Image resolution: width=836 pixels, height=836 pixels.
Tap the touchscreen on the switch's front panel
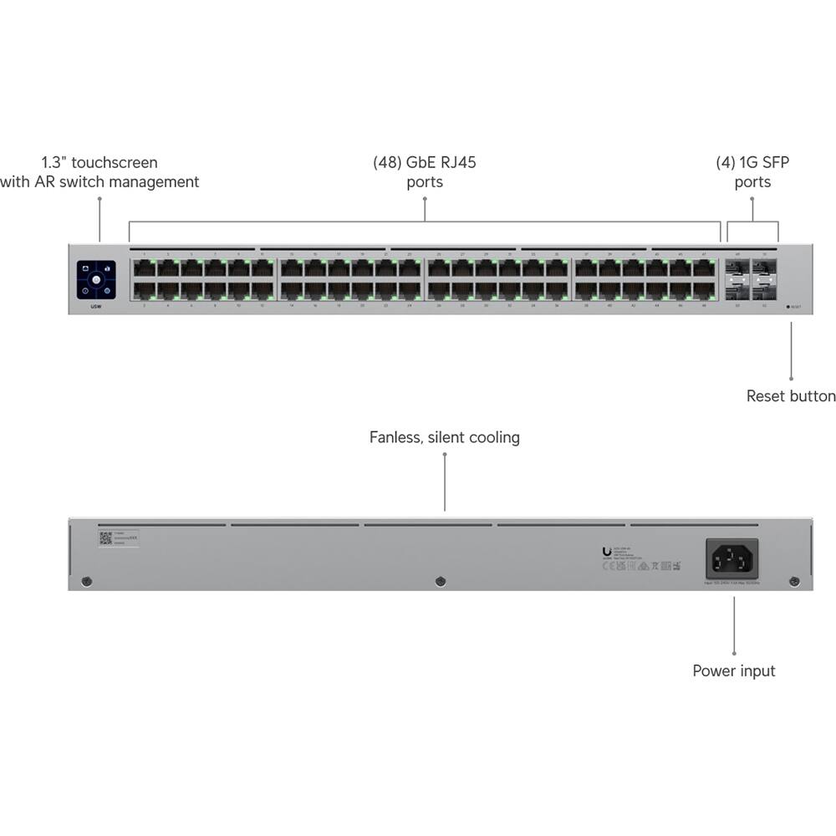pos(96,279)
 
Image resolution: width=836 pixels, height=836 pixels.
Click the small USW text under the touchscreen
pos(96,307)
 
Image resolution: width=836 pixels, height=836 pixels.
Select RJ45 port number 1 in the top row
pos(145,268)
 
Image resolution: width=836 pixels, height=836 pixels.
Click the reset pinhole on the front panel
pos(788,307)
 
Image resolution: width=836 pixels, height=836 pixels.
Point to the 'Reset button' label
pos(790,395)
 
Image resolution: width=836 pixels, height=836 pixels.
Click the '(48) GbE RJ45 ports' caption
pos(425,171)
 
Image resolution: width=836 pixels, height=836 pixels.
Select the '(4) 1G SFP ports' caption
pos(752,171)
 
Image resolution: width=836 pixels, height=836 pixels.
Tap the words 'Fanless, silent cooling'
pos(444,437)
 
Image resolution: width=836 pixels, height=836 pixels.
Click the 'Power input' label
pos(733,670)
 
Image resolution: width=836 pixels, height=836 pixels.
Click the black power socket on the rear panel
pos(732,556)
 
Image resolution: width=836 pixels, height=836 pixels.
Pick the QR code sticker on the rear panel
pos(106,538)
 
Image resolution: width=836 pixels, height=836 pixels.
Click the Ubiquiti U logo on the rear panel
pos(607,552)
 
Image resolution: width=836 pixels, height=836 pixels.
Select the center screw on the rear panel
pos(441,581)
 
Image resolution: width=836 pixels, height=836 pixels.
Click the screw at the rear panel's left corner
pos(86,581)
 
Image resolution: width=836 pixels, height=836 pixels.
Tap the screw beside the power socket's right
pos(793,581)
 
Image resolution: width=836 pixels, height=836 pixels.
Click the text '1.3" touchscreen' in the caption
pos(99,162)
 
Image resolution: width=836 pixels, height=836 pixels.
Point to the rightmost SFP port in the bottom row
pos(764,290)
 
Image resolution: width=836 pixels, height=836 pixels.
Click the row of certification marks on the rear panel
pos(640,566)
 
